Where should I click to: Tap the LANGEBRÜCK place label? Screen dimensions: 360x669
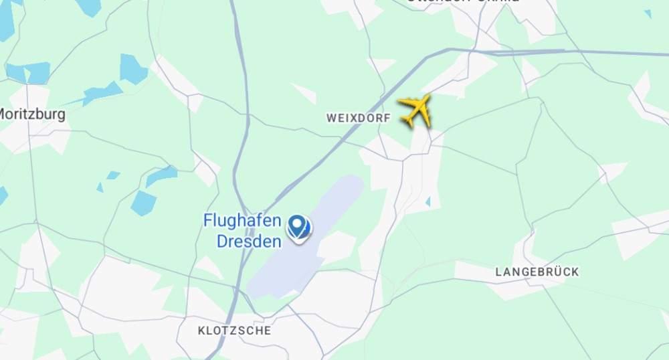537,272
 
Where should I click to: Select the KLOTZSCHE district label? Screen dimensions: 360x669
235,331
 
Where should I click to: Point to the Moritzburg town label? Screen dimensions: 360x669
32,114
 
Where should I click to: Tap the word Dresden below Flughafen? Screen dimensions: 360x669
249,241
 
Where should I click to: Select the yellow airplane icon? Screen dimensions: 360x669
415,110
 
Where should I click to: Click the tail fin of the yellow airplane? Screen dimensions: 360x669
406,120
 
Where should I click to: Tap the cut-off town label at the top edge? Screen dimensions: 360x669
462,2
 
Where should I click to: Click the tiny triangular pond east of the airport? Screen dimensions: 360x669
427,201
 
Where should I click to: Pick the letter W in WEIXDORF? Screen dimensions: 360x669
330,118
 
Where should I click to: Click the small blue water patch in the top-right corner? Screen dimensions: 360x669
648,13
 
